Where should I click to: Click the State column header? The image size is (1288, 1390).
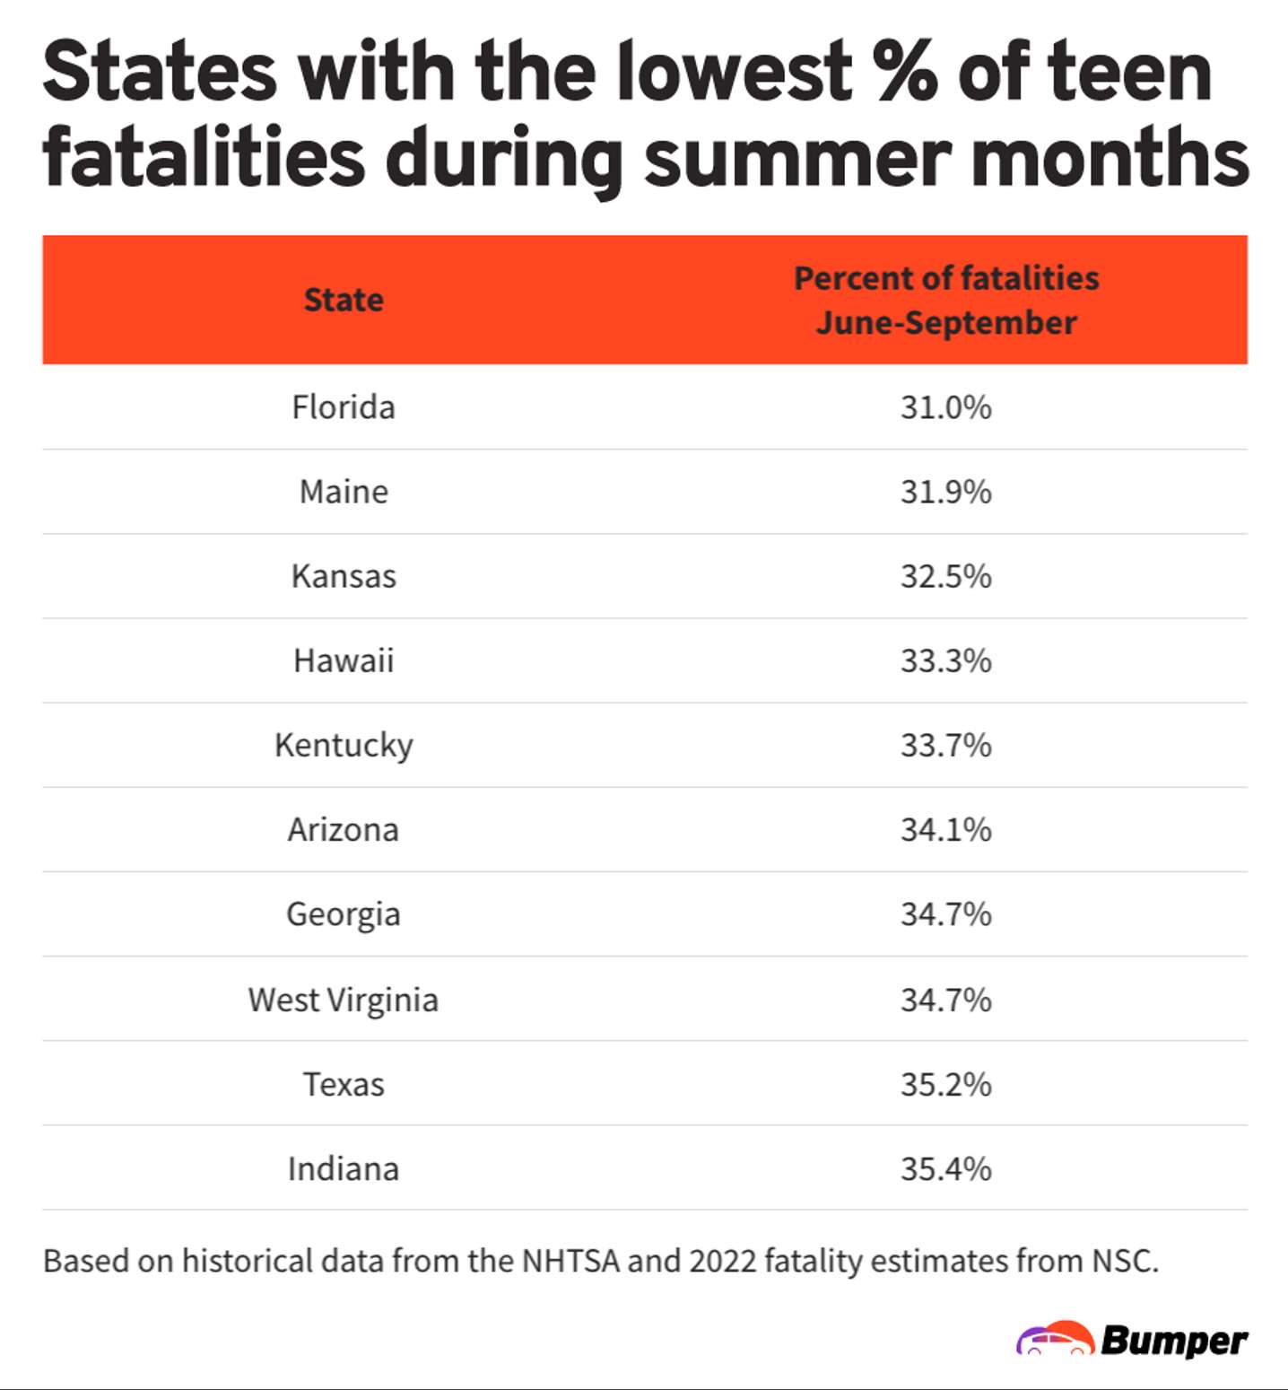coord(344,300)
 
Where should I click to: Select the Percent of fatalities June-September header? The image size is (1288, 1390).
coord(946,300)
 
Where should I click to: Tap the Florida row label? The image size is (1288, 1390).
coord(344,407)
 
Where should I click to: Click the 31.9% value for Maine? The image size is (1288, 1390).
coord(946,492)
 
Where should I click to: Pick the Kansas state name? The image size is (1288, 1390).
coord(344,576)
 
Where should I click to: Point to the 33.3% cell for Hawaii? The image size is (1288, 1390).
coord(946,660)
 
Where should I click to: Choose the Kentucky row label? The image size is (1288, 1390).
coord(344,745)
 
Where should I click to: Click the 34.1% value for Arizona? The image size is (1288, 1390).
coord(946,829)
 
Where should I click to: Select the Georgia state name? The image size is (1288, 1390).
coord(344,914)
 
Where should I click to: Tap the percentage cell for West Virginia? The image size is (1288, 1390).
coord(946,1000)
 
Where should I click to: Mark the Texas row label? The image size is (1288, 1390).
coord(344,1084)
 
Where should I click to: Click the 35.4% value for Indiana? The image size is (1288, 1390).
coord(946,1168)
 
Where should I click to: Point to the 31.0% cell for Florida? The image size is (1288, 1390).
coord(946,407)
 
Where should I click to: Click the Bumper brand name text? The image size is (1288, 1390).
coord(1174,1341)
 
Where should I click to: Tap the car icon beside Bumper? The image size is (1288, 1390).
coord(1055,1339)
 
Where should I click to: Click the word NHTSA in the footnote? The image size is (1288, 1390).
coord(570,1261)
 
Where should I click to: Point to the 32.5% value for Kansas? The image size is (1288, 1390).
coord(946,576)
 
